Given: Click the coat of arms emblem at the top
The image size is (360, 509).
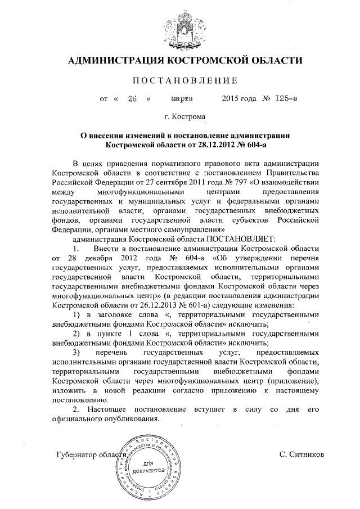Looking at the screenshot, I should (x=179, y=28).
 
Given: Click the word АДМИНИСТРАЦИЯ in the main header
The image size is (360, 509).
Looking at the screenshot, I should (x=120, y=60).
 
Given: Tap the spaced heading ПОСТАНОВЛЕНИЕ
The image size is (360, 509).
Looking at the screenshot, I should (x=179, y=80).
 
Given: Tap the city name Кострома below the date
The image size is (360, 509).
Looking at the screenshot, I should (x=188, y=118).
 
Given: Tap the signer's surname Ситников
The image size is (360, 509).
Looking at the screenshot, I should (x=301, y=454).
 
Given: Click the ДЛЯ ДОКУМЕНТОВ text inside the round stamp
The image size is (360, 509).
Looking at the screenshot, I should (x=148, y=466).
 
